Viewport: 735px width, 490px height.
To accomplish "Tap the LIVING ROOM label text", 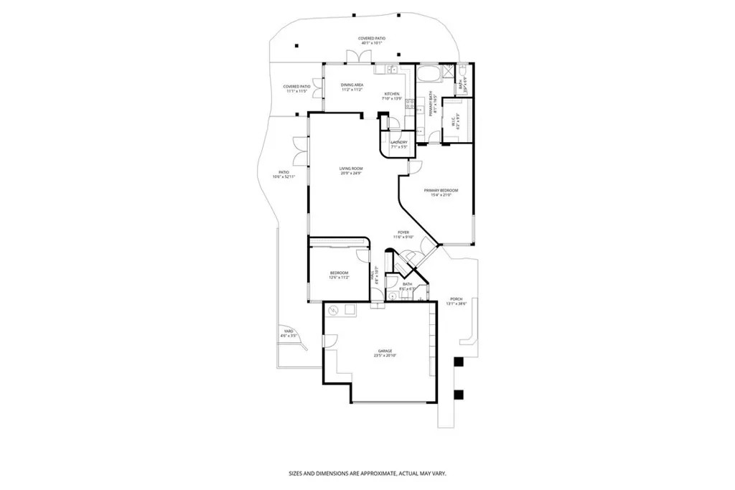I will click(x=351, y=169).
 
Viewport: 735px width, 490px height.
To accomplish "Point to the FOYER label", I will click(x=404, y=232).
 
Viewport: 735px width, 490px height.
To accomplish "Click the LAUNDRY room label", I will click(x=399, y=142).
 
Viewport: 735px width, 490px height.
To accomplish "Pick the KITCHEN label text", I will click(x=391, y=94).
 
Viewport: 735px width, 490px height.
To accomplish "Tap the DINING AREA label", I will click(x=352, y=85).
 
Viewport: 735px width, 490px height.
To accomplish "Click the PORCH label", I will click(x=456, y=299).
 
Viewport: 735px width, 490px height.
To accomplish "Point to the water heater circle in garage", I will click(x=333, y=311).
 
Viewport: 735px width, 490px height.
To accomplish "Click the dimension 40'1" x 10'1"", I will click(x=370, y=43).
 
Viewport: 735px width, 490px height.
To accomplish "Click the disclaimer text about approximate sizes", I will click(x=367, y=473).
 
